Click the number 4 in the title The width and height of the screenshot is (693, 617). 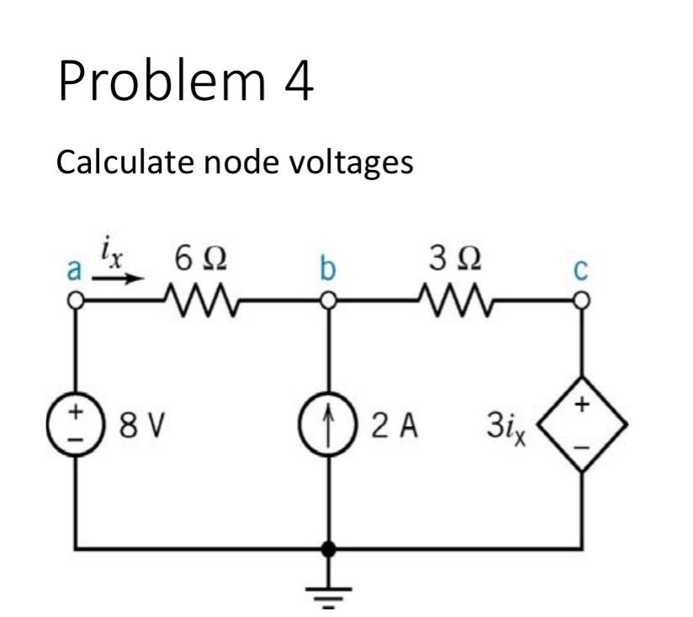tap(296, 86)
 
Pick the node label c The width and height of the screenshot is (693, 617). tap(580, 272)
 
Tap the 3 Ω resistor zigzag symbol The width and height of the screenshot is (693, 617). tap(455, 300)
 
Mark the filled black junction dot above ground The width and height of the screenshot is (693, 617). tap(330, 550)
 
